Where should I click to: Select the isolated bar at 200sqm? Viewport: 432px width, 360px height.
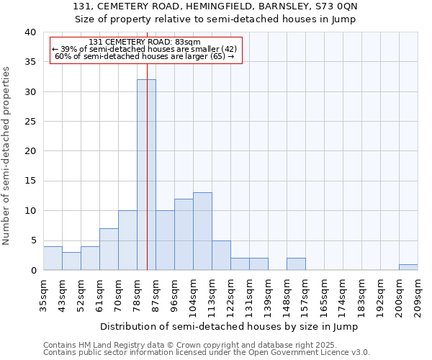pyautogui.click(x=408, y=267)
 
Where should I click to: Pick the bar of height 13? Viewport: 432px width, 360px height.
pyautogui.click(x=202, y=231)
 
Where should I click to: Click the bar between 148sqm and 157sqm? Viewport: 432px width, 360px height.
pyautogui.click(x=296, y=264)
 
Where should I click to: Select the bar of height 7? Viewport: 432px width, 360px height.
pyautogui.click(x=109, y=249)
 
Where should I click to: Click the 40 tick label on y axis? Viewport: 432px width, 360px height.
pyautogui.click(x=30, y=32)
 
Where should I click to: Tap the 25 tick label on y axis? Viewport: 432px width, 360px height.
pyautogui.click(x=30, y=122)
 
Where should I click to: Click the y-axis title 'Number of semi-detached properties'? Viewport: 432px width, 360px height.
pyautogui.click(x=6, y=155)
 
